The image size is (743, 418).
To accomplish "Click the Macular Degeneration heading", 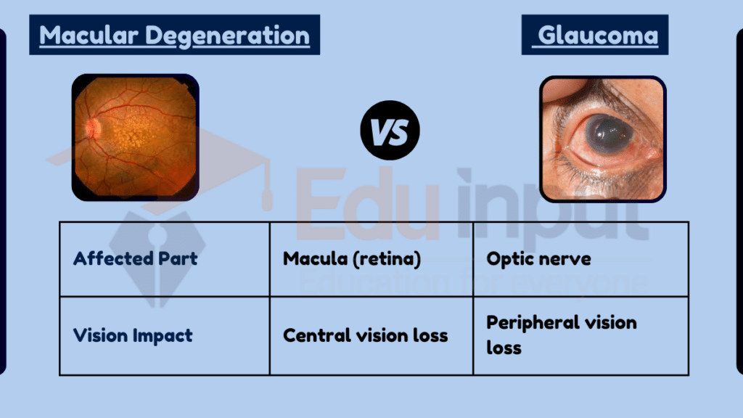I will [x=174, y=35].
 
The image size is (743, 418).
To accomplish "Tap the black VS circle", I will [x=390, y=131].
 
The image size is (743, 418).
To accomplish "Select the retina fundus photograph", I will [x=135, y=138].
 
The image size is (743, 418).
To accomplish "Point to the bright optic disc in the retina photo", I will [x=91, y=128].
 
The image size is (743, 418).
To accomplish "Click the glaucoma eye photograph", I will [x=602, y=139].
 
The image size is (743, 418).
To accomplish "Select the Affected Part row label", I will [x=135, y=258].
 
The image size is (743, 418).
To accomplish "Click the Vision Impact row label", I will [x=133, y=335].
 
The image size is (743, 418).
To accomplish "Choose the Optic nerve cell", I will [x=538, y=258].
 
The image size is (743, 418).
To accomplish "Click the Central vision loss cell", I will [x=365, y=335].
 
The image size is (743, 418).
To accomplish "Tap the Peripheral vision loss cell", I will [x=561, y=335].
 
